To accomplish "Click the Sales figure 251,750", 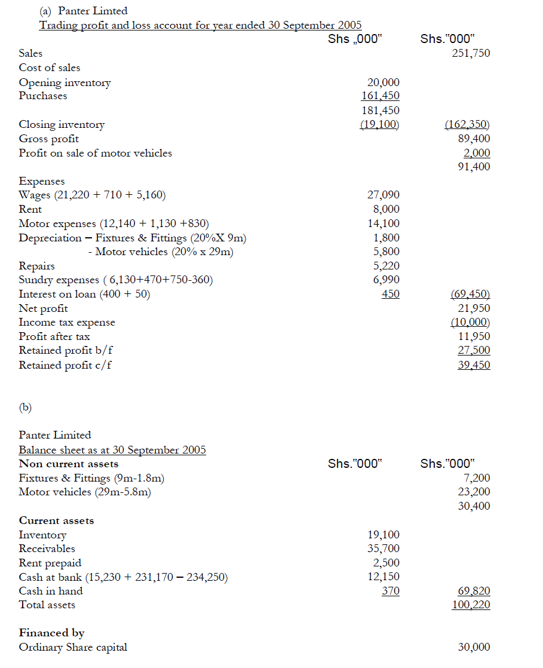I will click(x=471, y=53).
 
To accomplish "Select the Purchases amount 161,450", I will click(x=381, y=96).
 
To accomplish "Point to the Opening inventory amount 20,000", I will click(x=383, y=82).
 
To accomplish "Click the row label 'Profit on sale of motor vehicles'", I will click(x=95, y=153).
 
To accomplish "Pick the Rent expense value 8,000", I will click(x=386, y=209).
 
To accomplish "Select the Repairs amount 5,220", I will click(x=386, y=266).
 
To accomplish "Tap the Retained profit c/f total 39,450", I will click(x=474, y=365).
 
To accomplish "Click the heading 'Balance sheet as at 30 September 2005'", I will click(x=112, y=450).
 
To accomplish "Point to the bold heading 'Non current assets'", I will click(x=69, y=464).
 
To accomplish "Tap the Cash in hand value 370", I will click(x=391, y=591).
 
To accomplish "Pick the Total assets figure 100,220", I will click(x=471, y=605).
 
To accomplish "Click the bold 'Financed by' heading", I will click(x=52, y=633).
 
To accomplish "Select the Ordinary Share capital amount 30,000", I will click(x=474, y=647).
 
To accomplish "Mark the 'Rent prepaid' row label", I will click(x=50, y=563).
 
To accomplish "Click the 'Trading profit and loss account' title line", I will click(x=200, y=25).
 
